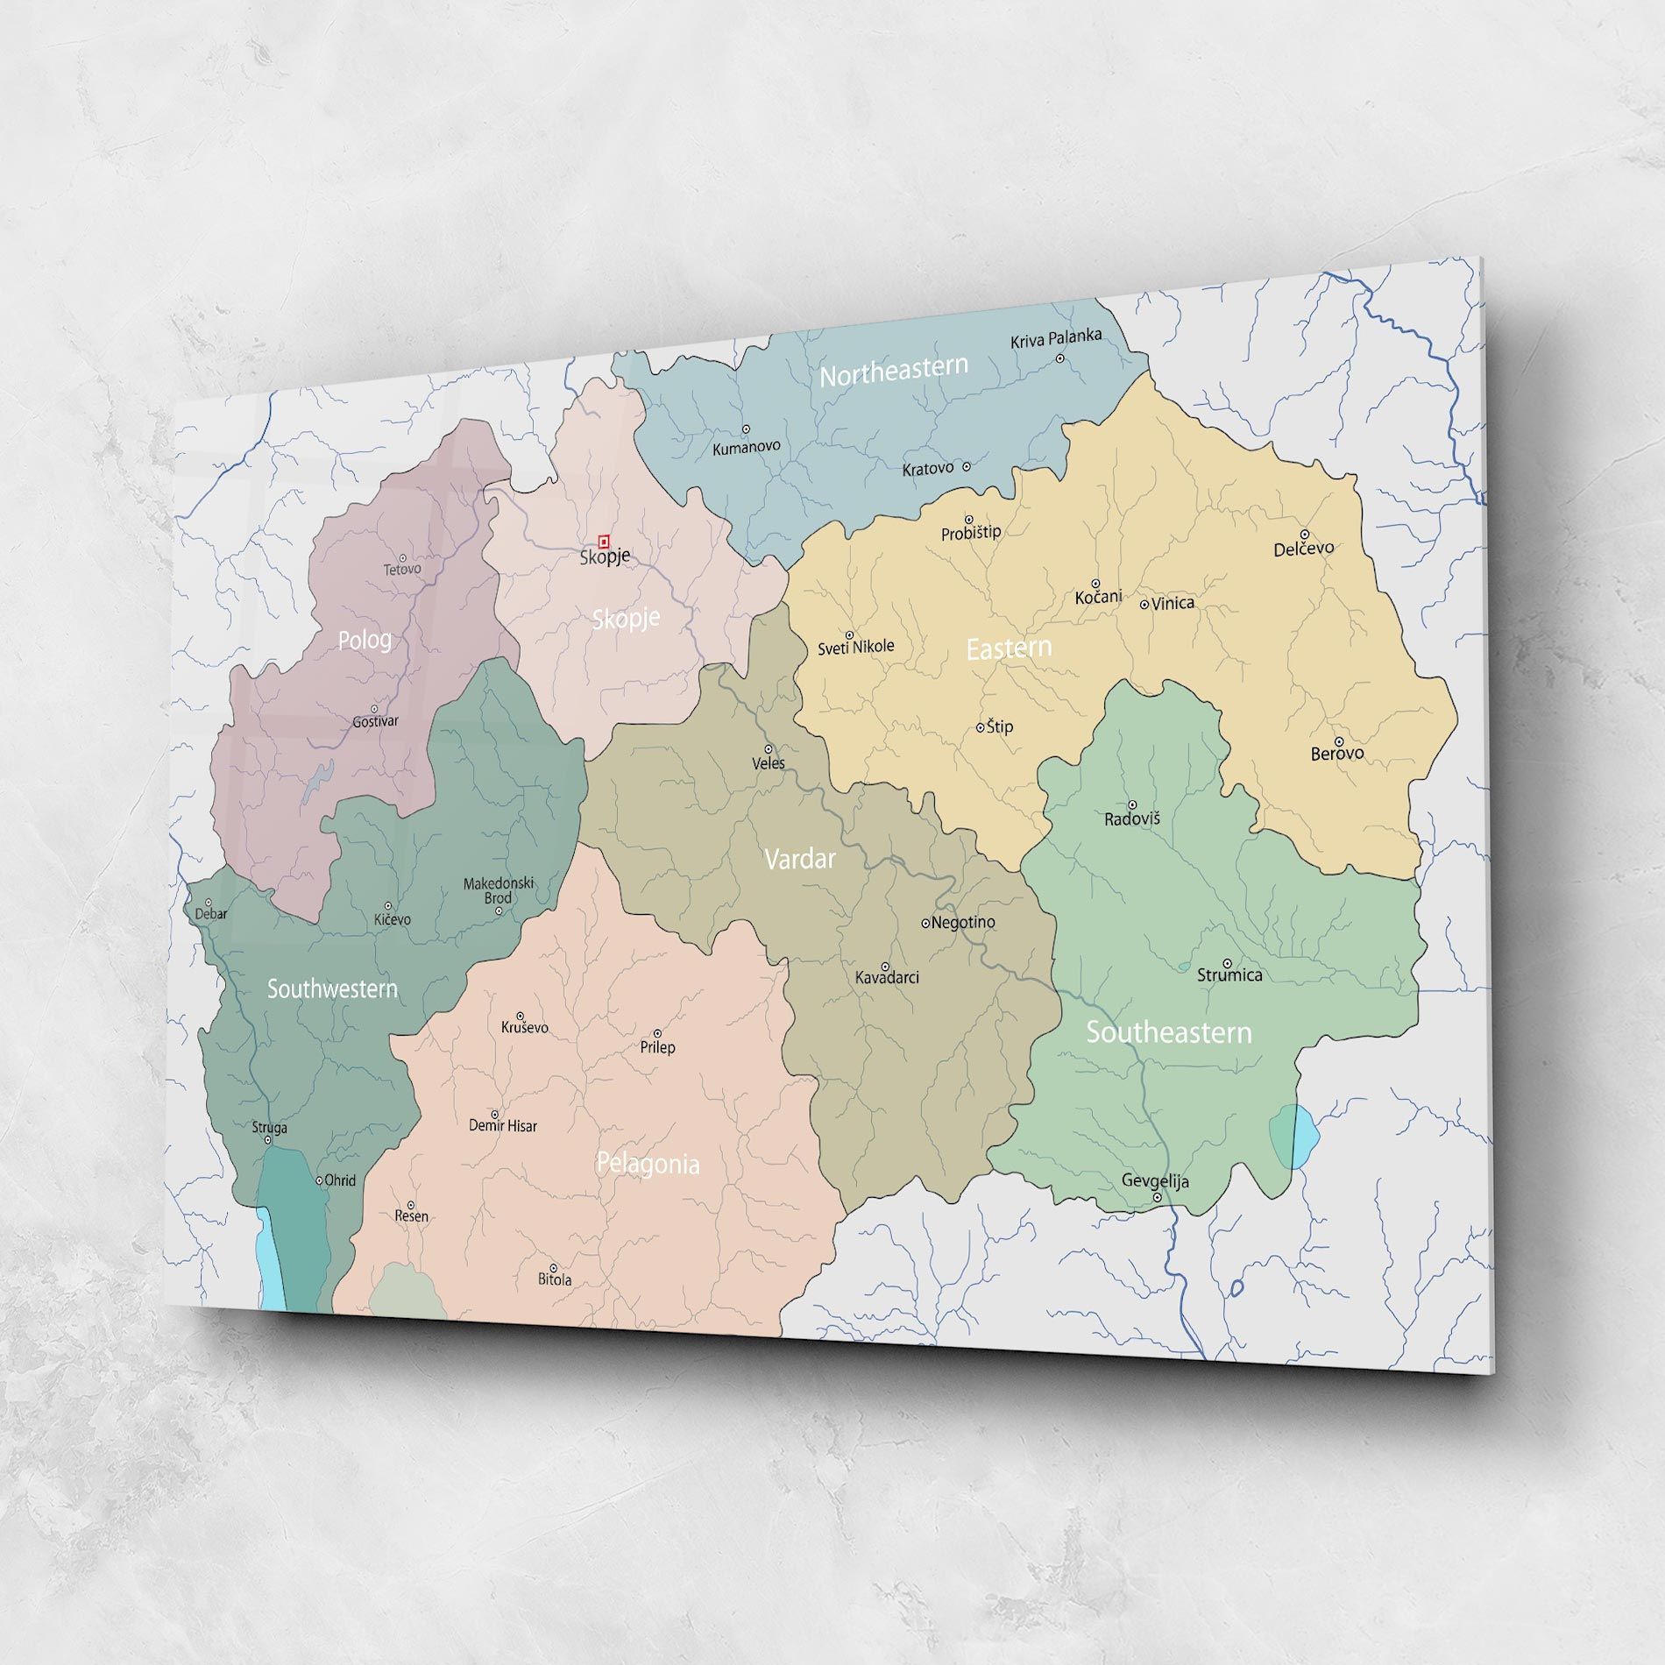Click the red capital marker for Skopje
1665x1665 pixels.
click(x=604, y=542)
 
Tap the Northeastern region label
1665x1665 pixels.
click(x=893, y=371)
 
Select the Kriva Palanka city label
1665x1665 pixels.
click(x=1055, y=338)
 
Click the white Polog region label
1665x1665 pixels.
click(x=365, y=640)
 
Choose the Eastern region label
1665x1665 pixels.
click(x=1009, y=648)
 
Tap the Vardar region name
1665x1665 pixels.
click(x=799, y=859)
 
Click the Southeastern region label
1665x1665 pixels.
click(x=1168, y=1032)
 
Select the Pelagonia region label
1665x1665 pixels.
click(x=648, y=1164)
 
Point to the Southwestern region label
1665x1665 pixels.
click(x=332, y=989)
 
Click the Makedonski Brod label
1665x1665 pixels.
click(x=499, y=890)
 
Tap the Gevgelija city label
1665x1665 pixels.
click(x=1155, y=1181)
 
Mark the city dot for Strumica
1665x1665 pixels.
click(x=1227, y=963)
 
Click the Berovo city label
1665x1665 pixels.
click(x=1336, y=754)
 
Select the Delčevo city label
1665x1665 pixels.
click(x=1303, y=549)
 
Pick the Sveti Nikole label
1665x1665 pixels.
click(x=855, y=648)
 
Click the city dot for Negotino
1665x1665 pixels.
click(x=925, y=923)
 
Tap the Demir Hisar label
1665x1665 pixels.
click(x=502, y=1126)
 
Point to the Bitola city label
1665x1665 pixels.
click(x=555, y=1279)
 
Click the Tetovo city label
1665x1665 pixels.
click(x=402, y=570)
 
